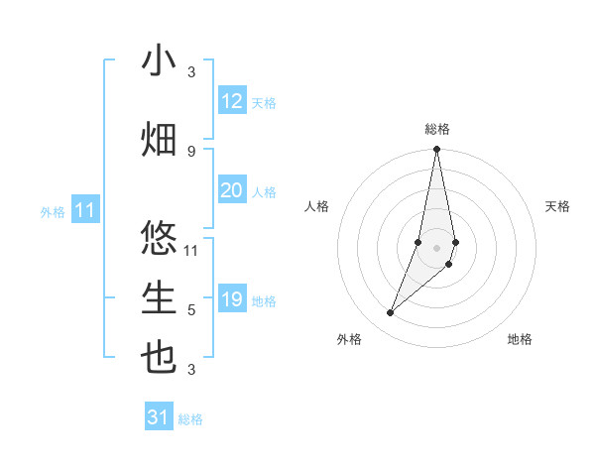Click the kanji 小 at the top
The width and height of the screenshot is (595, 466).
click(x=159, y=61)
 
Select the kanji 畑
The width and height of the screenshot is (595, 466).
click(x=159, y=140)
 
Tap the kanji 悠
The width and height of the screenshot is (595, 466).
click(x=159, y=239)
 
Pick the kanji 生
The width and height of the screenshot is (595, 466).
click(x=159, y=298)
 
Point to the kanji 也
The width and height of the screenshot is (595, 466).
click(x=159, y=358)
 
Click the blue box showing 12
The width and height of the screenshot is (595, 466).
click(x=232, y=101)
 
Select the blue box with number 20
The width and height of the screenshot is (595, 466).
click(x=232, y=190)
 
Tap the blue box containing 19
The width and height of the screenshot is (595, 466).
click(x=232, y=299)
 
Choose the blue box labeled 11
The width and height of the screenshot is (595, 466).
click(x=84, y=210)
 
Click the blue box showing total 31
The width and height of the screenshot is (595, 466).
click(x=159, y=417)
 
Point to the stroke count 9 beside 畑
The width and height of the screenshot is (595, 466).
click(x=191, y=151)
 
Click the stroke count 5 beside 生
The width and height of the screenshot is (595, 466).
click(x=191, y=310)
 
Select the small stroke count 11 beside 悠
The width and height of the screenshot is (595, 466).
click(x=191, y=250)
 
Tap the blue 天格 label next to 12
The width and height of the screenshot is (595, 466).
click(x=264, y=103)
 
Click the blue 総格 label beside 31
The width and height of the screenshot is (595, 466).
click(x=190, y=419)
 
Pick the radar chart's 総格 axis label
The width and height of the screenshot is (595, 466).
click(x=437, y=129)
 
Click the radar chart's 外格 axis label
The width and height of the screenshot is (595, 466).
click(x=349, y=339)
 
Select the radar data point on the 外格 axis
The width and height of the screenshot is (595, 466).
click(x=391, y=313)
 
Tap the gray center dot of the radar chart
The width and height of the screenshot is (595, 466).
click(x=437, y=247)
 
